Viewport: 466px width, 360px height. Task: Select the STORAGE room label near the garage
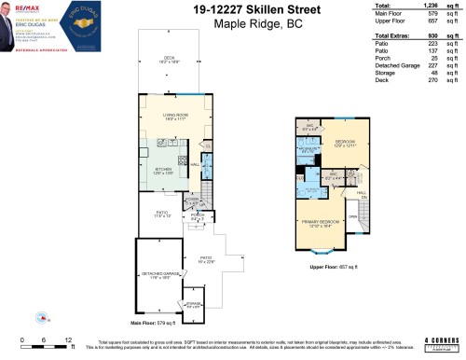pyautogui.click(x=192, y=304)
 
